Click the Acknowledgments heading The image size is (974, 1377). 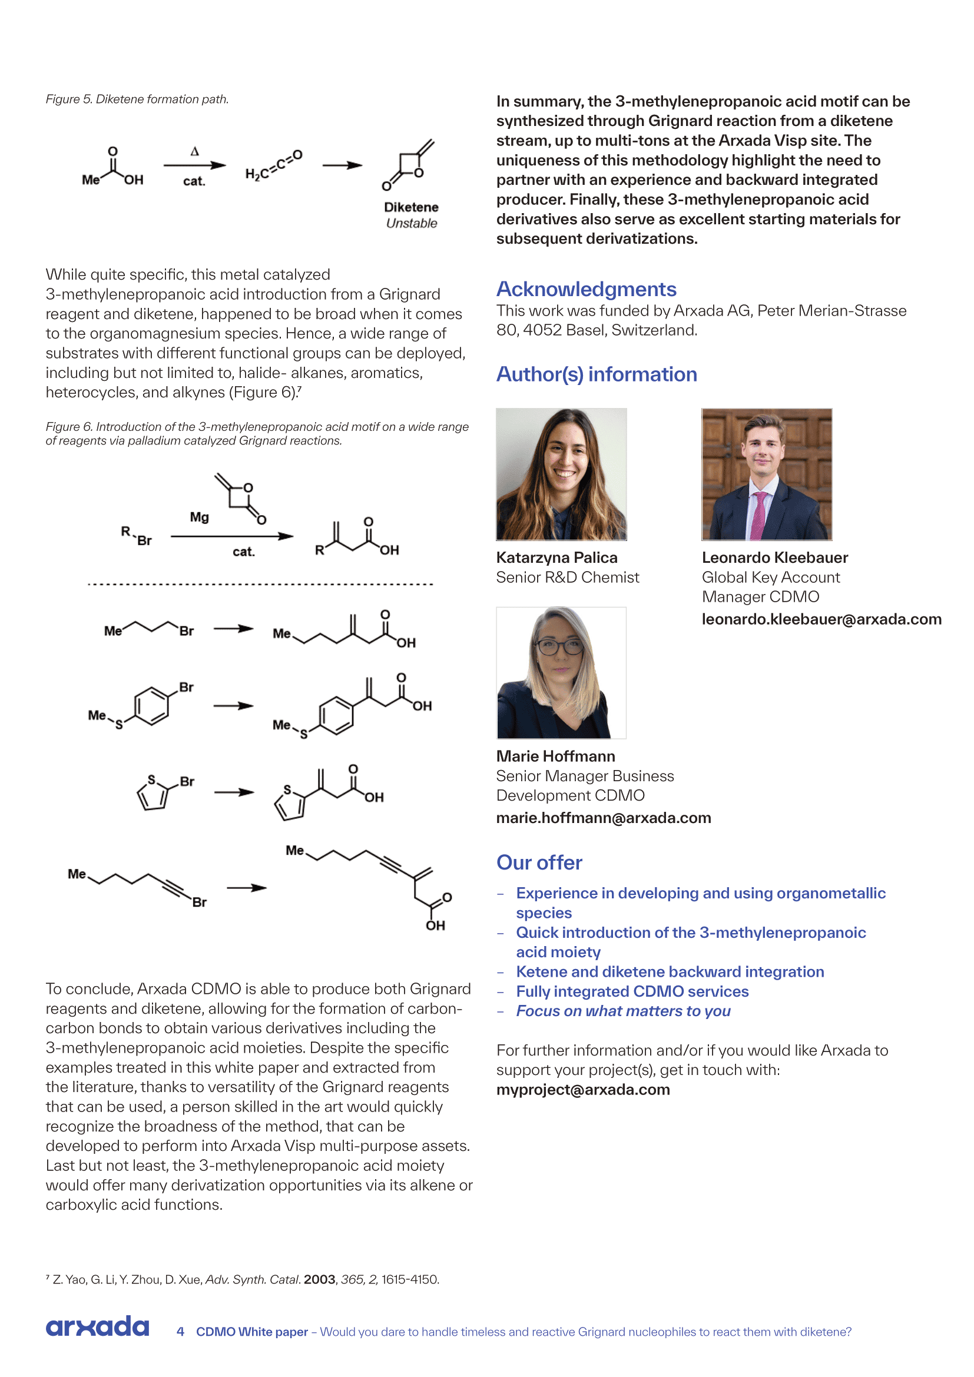point(586,289)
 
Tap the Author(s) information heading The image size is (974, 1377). point(596,374)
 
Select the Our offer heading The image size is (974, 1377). point(539,862)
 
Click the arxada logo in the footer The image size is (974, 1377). point(97,1326)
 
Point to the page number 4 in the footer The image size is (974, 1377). point(180,1332)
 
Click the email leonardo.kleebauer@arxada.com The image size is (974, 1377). point(821,619)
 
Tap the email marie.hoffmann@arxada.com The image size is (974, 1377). point(604,818)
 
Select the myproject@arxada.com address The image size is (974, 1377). point(583,1090)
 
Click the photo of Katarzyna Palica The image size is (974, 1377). point(561,474)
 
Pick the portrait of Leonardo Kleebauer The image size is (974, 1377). point(767,474)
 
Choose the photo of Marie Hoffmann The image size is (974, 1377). point(561,673)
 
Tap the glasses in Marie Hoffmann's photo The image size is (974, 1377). point(558,647)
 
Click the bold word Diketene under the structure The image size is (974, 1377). point(412,207)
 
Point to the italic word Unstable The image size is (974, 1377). point(412,224)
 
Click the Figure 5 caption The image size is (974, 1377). point(137,99)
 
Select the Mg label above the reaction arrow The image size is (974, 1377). point(199,517)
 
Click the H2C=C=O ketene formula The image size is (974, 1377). point(273,166)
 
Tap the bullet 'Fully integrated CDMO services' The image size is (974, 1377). point(632,991)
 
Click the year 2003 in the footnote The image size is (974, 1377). point(320,1279)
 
